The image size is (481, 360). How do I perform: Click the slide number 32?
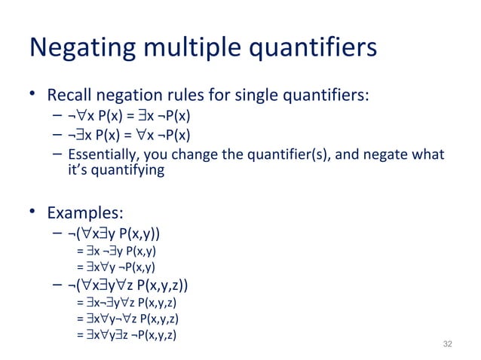448,344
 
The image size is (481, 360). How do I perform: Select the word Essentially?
104,155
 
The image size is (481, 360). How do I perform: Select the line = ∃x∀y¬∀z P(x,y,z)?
127,319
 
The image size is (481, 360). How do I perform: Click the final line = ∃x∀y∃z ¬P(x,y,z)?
127,336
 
